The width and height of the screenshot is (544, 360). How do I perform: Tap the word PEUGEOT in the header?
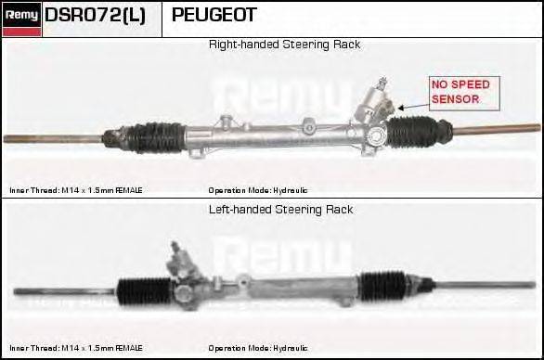214,16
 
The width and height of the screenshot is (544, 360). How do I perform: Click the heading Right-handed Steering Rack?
284,45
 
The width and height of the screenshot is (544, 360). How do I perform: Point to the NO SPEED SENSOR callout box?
459,93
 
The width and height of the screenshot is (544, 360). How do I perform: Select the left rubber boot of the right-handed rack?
153,137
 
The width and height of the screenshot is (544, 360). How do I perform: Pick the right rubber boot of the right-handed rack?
412,132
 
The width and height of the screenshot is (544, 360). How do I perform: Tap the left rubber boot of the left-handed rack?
146,289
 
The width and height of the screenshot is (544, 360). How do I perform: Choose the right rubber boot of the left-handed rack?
382,285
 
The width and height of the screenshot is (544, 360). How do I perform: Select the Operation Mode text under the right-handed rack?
258,189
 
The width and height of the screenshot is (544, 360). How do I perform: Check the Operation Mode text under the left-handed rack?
258,349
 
